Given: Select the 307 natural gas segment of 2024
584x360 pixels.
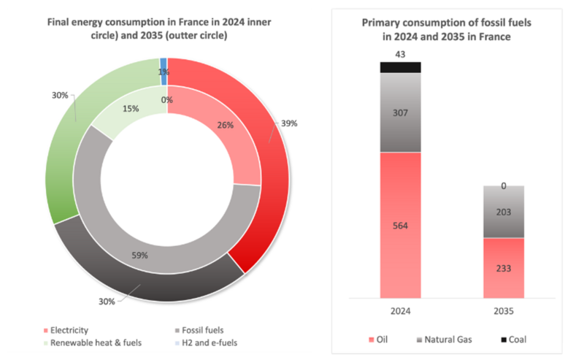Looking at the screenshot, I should [400, 113].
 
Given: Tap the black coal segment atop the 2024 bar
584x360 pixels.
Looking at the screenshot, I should [400, 67].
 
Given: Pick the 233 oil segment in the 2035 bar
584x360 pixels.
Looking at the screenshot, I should [504, 267].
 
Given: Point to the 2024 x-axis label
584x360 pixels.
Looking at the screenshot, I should [400, 310].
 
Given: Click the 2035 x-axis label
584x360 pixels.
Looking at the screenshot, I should [504, 310].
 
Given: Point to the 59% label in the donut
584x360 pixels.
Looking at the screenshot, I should [139, 256].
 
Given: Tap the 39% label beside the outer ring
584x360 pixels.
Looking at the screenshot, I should [289, 123].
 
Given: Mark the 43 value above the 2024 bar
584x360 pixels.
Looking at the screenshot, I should [400, 54].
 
